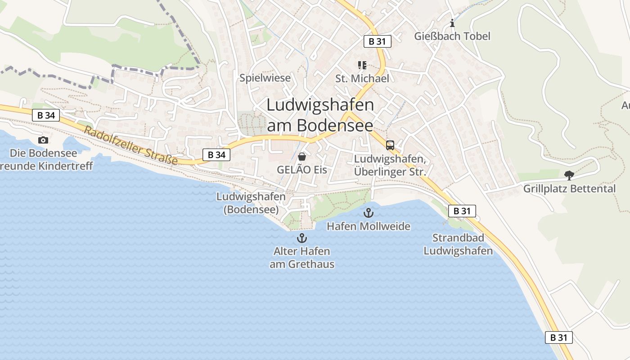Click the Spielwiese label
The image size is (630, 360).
265,78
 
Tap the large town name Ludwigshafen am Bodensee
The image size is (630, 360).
320,115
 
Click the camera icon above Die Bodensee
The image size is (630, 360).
43,140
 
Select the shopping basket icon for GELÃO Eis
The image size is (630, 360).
302,157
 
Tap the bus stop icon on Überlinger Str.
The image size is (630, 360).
390,145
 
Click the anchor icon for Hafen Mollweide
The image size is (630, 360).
369,212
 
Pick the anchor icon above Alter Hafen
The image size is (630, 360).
302,238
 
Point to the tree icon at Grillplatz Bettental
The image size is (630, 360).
569,175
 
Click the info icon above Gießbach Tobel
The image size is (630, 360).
452,23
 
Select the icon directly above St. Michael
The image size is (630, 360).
362,65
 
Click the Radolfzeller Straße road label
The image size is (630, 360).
130,146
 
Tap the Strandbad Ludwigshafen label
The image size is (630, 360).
458,244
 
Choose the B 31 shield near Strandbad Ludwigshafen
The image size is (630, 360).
462,211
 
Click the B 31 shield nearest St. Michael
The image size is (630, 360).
377,41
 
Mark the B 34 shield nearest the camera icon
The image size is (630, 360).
46,115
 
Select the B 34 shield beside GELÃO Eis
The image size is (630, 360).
216,155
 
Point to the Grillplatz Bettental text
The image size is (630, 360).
569,189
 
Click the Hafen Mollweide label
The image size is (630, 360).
369,226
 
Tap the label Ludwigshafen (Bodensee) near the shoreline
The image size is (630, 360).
251,203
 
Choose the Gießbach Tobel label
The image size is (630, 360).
452,36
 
